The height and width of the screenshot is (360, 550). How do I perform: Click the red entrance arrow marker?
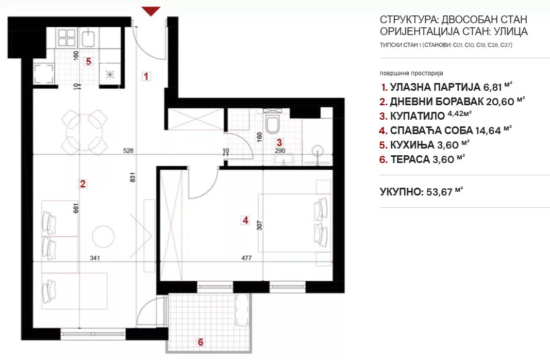tap(151, 11)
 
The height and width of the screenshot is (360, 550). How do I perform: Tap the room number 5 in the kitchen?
tap(89, 61)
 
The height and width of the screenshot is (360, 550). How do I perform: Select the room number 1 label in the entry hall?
tap(146, 76)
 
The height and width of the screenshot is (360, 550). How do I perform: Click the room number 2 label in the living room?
tap(83, 184)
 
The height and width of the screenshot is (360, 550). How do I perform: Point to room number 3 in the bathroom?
tap(279, 142)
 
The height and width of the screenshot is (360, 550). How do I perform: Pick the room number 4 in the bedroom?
tap(245, 220)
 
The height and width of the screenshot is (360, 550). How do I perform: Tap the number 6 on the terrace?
tap(201, 342)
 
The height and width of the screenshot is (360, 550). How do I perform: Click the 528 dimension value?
tap(128, 151)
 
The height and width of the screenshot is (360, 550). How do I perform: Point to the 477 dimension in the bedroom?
tap(246, 258)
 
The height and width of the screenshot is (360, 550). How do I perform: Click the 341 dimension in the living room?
tap(95, 258)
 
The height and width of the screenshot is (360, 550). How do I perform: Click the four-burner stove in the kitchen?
tap(67, 38)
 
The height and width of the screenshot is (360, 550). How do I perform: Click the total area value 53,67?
tap(439, 192)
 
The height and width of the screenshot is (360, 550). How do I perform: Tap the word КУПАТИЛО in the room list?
tap(418, 116)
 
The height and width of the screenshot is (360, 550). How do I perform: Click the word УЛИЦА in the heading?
tap(511, 31)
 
